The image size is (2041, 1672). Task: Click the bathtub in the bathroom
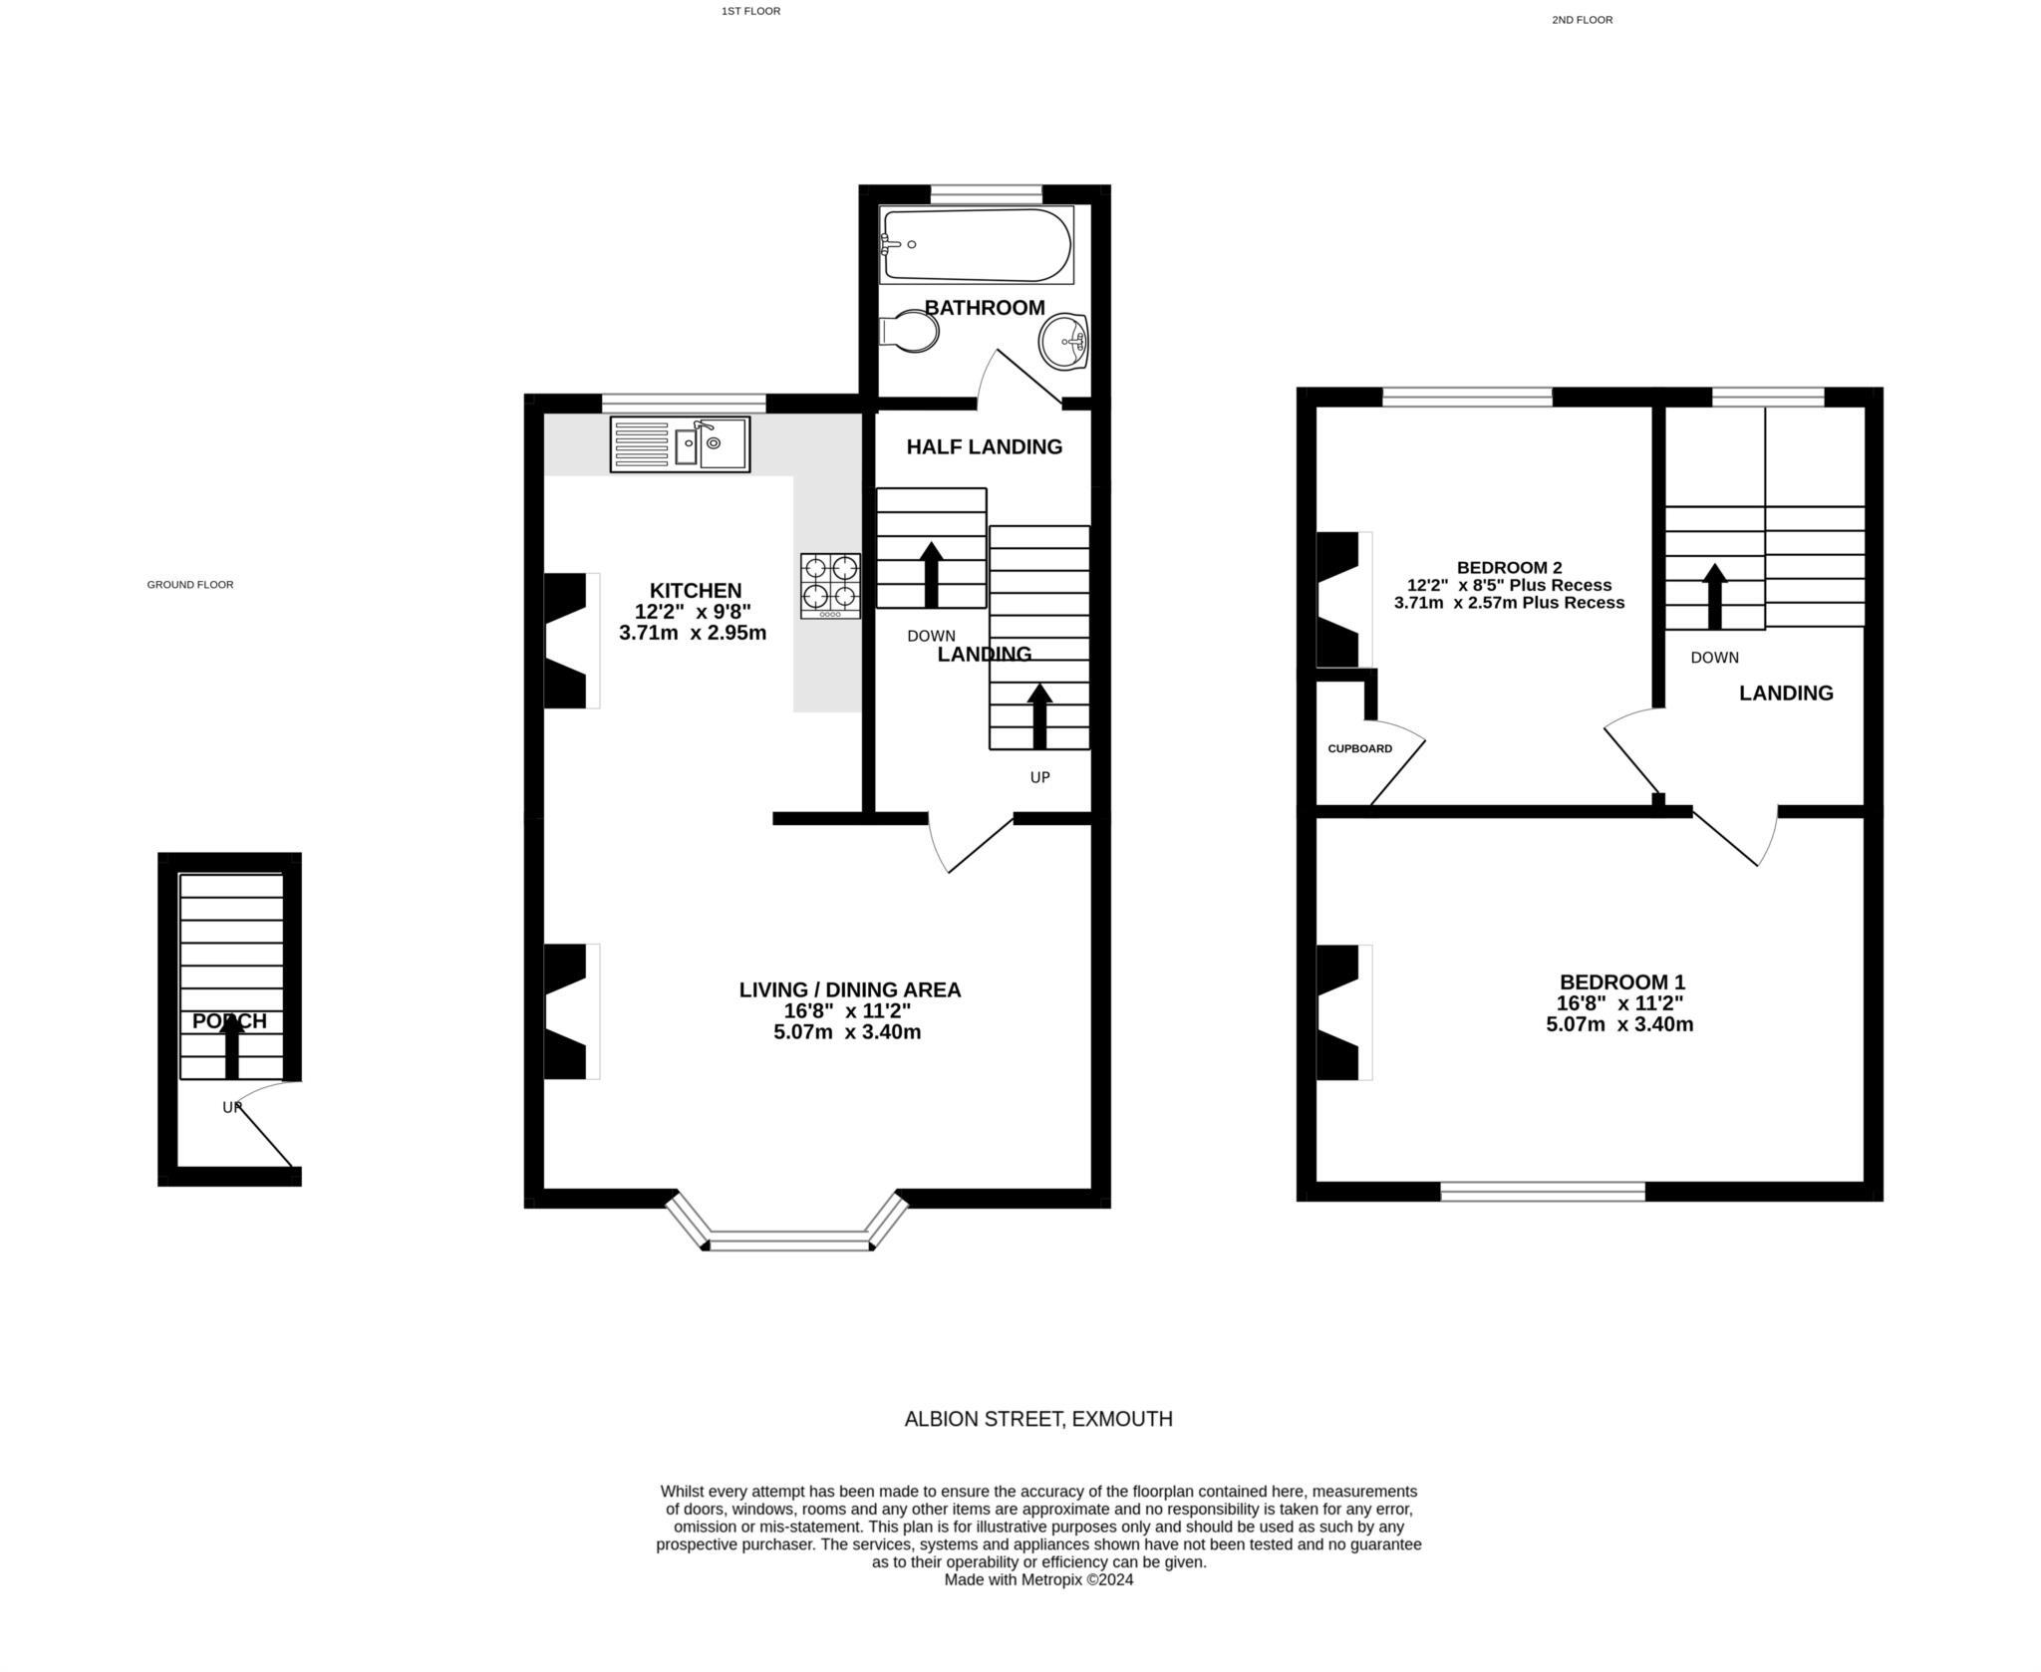pos(976,245)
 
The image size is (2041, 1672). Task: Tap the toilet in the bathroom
pos(909,331)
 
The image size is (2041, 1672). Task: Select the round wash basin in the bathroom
pos(1063,342)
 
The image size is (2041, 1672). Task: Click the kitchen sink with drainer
pos(680,444)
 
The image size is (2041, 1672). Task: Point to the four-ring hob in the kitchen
pos(830,585)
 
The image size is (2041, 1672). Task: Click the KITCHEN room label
pos(696,590)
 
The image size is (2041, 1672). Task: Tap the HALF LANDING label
pos(984,446)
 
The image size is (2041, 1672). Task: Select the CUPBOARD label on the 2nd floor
pos(1359,748)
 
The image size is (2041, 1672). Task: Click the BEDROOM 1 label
pos(1621,981)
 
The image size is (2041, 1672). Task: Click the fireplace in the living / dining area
pos(568,1011)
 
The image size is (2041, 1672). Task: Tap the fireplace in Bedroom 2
pos(1340,600)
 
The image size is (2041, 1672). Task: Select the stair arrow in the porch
pos(231,1048)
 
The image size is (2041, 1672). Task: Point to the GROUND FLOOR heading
pos(189,585)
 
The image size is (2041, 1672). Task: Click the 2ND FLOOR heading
pos(1582,20)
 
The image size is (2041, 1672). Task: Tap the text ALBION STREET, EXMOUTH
pos(1037,1419)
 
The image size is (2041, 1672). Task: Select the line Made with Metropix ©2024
pos(1037,1579)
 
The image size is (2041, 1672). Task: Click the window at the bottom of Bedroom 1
pos(1542,1191)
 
